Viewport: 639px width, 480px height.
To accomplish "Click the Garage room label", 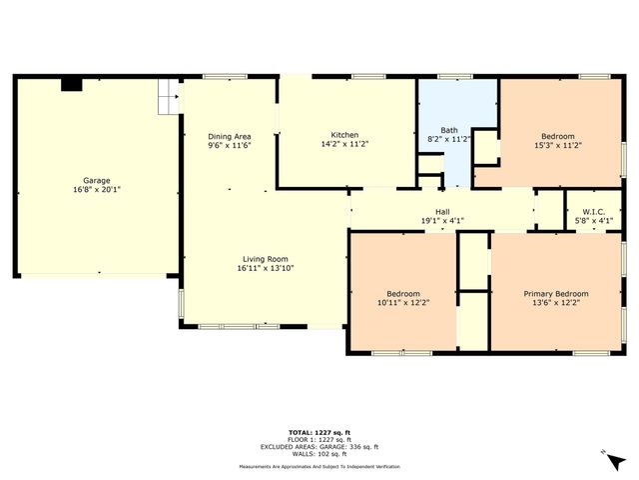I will pyautogui.click(x=97, y=181).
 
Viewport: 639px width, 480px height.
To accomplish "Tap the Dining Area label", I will pyautogui.click(x=229, y=136).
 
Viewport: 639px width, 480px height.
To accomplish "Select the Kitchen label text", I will pyautogui.click(x=344, y=135).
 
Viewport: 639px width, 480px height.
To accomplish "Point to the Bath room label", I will pyautogui.click(x=449, y=130).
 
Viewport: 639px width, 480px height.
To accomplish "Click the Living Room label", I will pyautogui.click(x=265, y=259).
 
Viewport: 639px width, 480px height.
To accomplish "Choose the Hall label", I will pyautogui.click(x=441, y=212).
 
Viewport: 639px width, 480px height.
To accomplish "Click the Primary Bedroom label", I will pyautogui.click(x=556, y=293).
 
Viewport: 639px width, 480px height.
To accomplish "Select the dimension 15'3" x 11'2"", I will pyautogui.click(x=558, y=144).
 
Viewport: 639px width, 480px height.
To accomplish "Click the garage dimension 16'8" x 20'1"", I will pyautogui.click(x=97, y=189).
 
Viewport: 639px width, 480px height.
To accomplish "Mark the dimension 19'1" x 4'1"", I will pyautogui.click(x=441, y=220).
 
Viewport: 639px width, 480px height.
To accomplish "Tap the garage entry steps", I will pyautogui.click(x=169, y=96).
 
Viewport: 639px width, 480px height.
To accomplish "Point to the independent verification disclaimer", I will pyautogui.click(x=319, y=466).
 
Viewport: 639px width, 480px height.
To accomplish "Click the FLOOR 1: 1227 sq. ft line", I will pyautogui.click(x=319, y=439).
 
